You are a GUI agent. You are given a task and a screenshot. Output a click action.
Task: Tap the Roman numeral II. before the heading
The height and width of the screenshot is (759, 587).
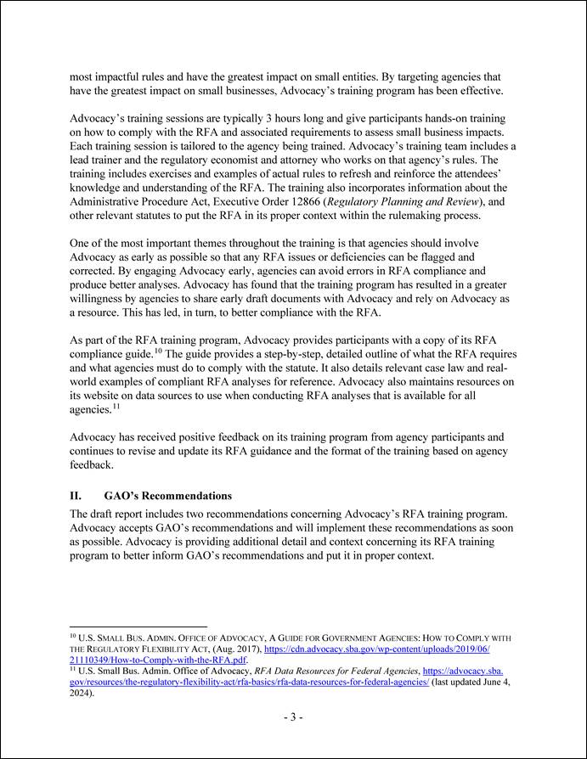tap(75, 495)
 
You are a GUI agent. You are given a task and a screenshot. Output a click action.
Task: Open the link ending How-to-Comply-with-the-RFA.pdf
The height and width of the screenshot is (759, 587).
tap(158, 659)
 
